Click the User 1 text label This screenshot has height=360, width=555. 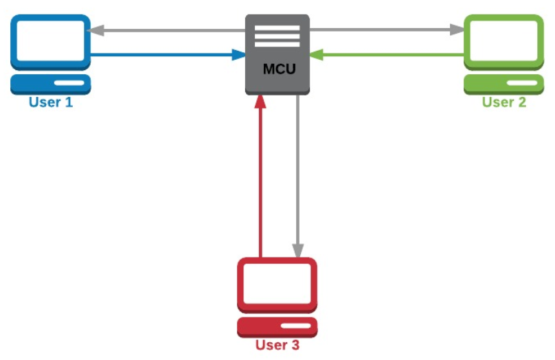(x=50, y=103)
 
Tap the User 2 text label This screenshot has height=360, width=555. (x=503, y=102)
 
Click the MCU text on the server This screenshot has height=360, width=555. (x=277, y=69)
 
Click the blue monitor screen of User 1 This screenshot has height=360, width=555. (x=50, y=42)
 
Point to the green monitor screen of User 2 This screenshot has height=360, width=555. (x=503, y=42)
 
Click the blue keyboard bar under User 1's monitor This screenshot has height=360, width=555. (x=50, y=85)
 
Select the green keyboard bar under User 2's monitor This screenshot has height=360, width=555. (x=503, y=85)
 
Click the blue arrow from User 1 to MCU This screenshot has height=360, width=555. (x=165, y=54)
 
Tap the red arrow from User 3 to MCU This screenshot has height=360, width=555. (x=260, y=179)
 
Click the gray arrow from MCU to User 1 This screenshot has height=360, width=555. (x=165, y=30)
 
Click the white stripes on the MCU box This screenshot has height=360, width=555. (x=277, y=36)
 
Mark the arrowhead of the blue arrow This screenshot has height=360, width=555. (x=240, y=54)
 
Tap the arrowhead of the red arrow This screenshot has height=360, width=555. (x=260, y=102)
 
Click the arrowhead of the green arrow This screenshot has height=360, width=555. (x=315, y=54)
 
